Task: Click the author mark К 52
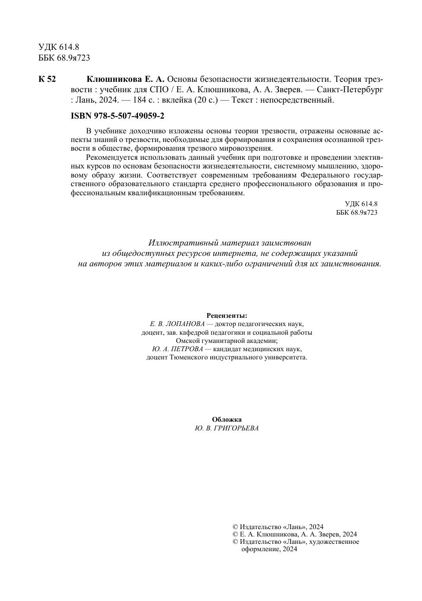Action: (47, 79)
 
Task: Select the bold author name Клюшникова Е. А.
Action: (126, 79)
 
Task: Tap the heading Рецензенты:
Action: (227, 316)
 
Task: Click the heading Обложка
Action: (227, 420)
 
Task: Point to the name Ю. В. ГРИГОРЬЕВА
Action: (227, 428)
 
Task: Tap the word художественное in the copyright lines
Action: (333, 542)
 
